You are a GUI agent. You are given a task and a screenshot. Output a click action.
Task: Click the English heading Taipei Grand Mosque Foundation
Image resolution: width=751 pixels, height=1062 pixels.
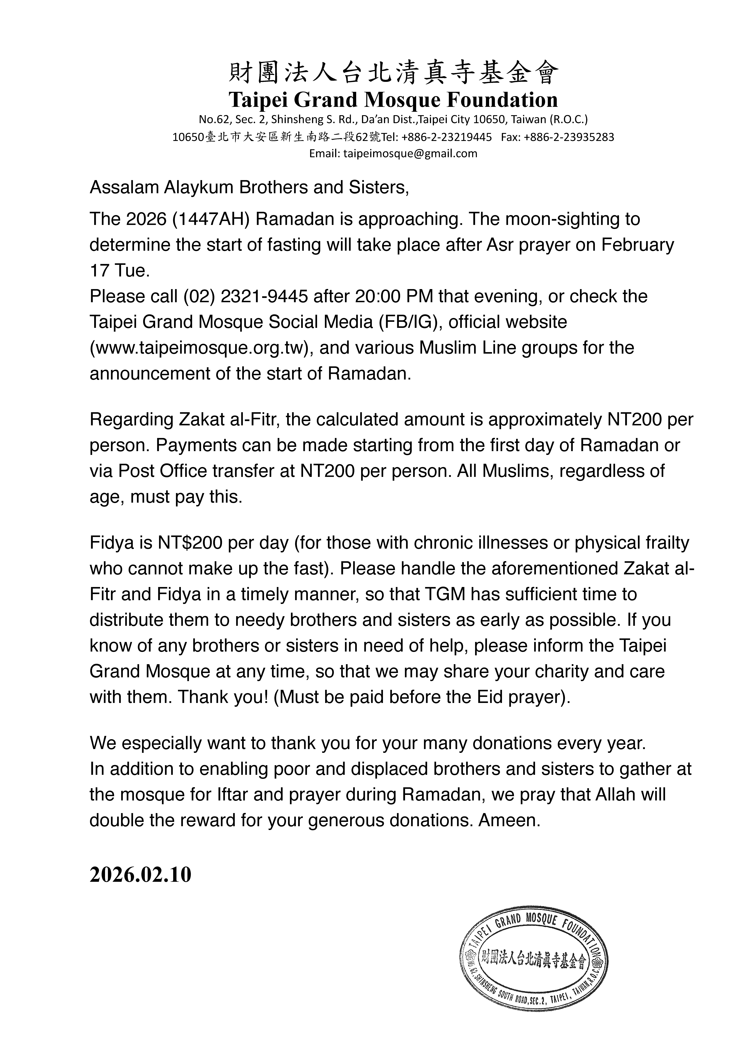click(393, 100)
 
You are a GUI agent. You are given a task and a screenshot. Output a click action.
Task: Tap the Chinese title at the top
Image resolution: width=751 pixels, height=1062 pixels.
click(393, 74)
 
